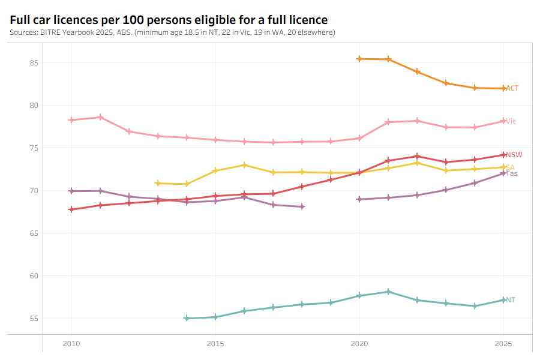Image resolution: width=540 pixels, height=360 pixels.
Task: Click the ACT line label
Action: [x=512, y=88]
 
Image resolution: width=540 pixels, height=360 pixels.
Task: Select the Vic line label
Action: [x=511, y=121]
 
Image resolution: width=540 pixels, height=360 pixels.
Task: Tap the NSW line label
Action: [x=514, y=155]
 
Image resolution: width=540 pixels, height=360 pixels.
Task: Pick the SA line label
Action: [x=510, y=167]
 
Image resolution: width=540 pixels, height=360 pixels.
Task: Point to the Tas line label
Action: [x=512, y=173]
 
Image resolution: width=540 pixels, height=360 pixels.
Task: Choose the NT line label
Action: [x=510, y=300]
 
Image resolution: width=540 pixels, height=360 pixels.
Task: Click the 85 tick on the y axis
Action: [x=34, y=63]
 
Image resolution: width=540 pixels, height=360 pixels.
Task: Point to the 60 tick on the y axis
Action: [x=34, y=276]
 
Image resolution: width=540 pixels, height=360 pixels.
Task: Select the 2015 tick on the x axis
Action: [x=215, y=344]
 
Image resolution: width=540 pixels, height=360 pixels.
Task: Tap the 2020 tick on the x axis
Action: [x=359, y=344]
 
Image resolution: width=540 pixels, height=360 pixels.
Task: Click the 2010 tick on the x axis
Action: [x=71, y=344]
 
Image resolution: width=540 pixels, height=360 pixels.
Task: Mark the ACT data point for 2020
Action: [x=359, y=59]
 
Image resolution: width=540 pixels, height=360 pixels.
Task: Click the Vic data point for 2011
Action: [x=100, y=117]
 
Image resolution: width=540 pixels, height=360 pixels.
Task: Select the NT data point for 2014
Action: [x=187, y=318]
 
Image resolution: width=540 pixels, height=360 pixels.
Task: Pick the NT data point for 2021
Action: [x=388, y=292]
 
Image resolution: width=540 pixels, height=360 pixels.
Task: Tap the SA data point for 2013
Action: [x=158, y=183]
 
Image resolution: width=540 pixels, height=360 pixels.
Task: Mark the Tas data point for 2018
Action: [x=302, y=206]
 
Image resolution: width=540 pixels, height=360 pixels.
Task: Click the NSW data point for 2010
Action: [x=71, y=209]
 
